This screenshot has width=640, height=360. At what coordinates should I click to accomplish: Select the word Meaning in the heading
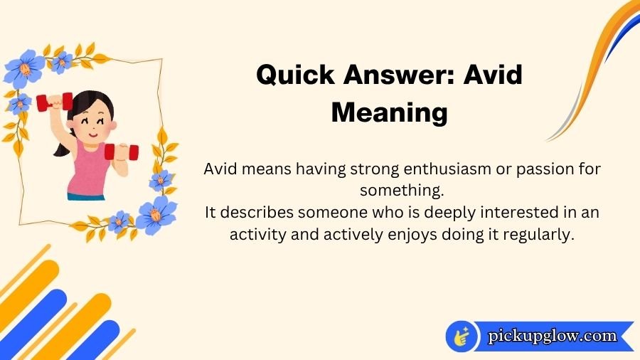[390, 112]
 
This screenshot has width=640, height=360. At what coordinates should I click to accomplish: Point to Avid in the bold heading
[493, 75]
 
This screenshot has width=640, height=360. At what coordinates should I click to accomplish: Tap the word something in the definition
[402, 191]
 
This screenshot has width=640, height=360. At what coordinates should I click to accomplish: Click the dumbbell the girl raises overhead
[54, 102]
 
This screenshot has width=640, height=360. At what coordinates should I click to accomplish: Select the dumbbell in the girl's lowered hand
[121, 152]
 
